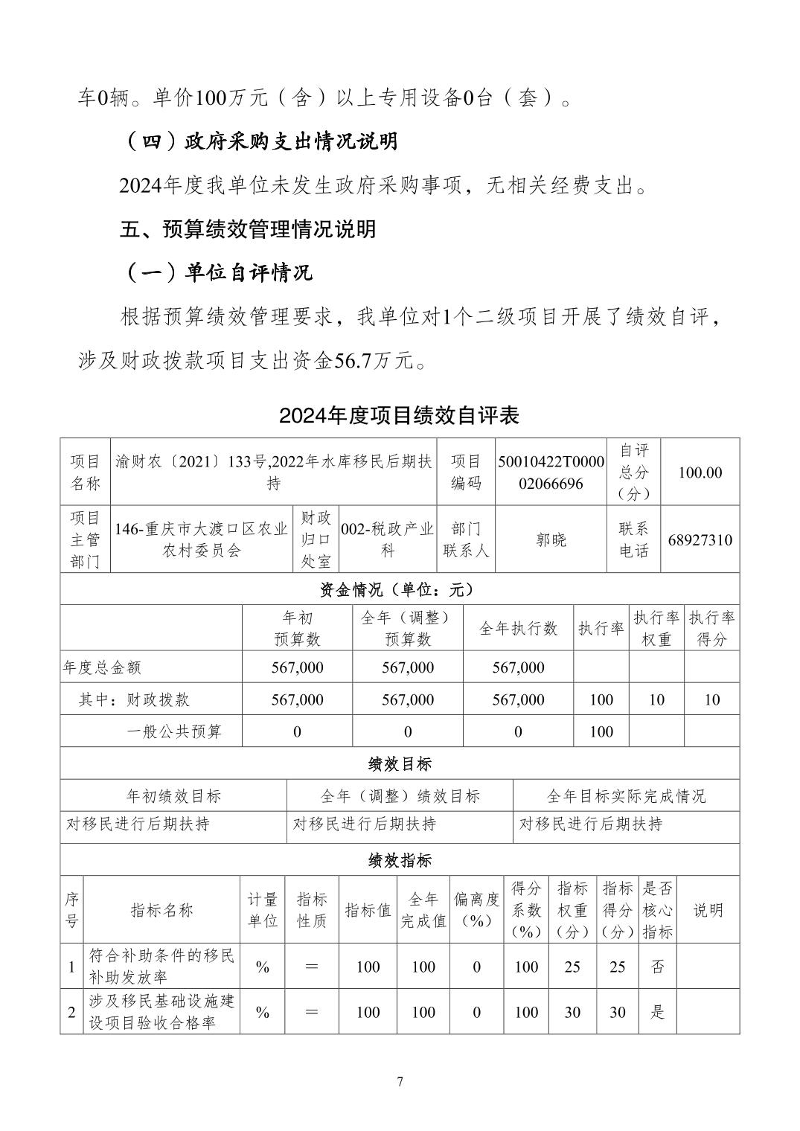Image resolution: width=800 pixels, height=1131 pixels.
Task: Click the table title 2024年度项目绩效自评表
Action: click(x=399, y=415)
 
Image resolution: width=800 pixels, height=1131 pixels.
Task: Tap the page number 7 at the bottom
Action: click(x=400, y=1081)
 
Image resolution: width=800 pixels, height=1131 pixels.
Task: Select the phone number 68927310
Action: click(x=700, y=540)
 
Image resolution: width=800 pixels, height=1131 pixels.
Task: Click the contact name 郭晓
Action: click(x=551, y=540)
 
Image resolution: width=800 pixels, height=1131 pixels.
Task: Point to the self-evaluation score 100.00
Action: click(x=700, y=472)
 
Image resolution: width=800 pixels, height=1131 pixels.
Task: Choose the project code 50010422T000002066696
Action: click(x=551, y=472)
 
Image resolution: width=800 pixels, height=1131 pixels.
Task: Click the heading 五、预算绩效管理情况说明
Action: click(x=248, y=228)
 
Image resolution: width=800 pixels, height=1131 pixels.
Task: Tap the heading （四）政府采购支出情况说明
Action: click(x=258, y=141)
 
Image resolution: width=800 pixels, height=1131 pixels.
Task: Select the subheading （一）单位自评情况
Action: click(x=216, y=272)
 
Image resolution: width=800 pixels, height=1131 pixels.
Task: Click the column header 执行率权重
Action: click(x=656, y=628)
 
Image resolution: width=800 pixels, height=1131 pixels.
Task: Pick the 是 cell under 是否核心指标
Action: click(x=657, y=1012)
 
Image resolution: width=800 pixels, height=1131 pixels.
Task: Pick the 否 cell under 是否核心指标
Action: click(x=657, y=967)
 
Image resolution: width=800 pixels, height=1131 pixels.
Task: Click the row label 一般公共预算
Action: click(x=174, y=731)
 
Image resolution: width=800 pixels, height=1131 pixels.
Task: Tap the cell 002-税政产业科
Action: click(x=387, y=540)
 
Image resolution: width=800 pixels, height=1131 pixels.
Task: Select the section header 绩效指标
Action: click(x=400, y=860)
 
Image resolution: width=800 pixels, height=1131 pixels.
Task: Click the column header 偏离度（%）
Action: click(x=476, y=910)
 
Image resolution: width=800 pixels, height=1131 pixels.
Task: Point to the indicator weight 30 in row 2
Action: click(x=572, y=1012)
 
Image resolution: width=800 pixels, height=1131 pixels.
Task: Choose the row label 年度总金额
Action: click(x=103, y=667)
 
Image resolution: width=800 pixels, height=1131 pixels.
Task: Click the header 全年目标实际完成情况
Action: click(x=626, y=796)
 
